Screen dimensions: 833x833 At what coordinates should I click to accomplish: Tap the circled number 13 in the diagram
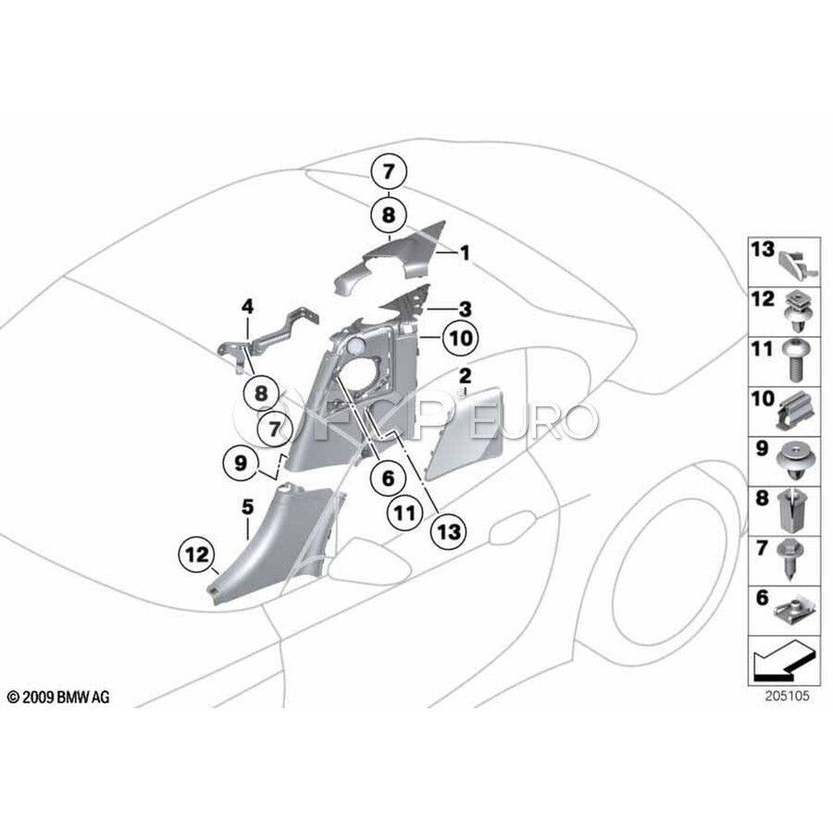448,531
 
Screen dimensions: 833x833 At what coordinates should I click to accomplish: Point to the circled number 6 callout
387,478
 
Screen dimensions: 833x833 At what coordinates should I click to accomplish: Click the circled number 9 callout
240,463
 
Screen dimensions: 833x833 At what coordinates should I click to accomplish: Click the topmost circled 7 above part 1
389,171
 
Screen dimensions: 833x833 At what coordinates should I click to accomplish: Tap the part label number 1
466,252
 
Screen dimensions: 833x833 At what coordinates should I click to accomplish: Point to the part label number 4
248,305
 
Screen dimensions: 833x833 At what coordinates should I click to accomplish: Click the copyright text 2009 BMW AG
57,697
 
